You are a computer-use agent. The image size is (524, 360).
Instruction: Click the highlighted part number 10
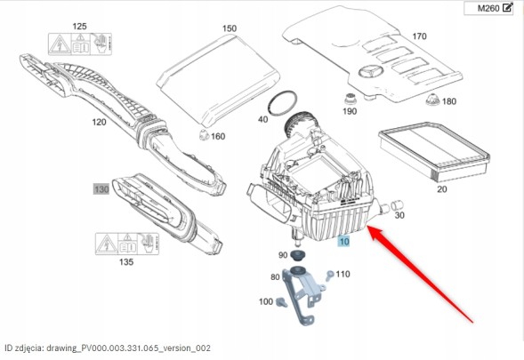pyautogui.click(x=344, y=241)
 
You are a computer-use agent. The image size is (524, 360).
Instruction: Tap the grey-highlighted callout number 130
pyautogui.click(x=101, y=189)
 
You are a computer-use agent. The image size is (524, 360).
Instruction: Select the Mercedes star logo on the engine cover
pyautogui.click(x=371, y=71)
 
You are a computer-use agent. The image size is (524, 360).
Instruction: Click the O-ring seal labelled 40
pyautogui.click(x=283, y=103)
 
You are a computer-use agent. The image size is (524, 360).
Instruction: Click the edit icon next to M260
pyautogui.click(x=507, y=7)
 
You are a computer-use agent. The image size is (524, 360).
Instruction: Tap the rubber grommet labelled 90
pyautogui.click(x=295, y=255)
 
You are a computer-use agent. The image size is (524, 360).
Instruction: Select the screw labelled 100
pyautogui.click(x=281, y=302)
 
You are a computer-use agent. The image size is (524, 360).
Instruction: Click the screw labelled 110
pyautogui.click(x=329, y=276)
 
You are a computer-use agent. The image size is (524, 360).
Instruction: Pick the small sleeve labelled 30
pyautogui.click(x=398, y=204)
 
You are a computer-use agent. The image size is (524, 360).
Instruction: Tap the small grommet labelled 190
pyautogui.click(x=350, y=99)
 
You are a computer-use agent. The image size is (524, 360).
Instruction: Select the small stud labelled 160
pyautogui.click(x=204, y=134)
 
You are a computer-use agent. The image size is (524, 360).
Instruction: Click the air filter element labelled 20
pyautogui.click(x=434, y=151)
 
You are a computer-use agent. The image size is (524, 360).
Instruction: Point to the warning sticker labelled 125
pyautogui.click(x=80, y=44)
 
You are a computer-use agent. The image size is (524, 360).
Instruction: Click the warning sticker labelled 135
pyautogui.click(x=127, y=244)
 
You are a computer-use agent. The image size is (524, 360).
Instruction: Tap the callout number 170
pyautogui.click(x=419, y=36)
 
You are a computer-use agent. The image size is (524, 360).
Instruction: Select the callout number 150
pyautogui.click(x=230, y=28)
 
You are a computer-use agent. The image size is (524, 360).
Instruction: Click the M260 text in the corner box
pyautogui.click(x=488, y=8)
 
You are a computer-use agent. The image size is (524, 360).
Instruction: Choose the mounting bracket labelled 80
pyautogui.click(x=303, y=295)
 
